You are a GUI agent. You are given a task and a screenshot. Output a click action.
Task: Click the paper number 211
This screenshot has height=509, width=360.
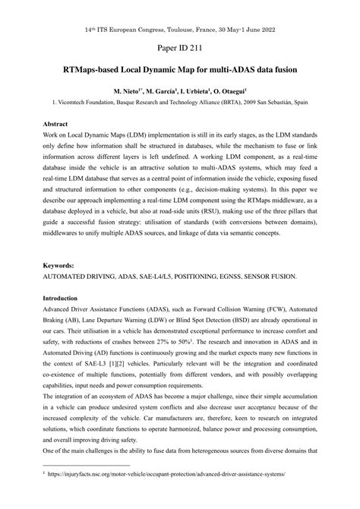(x=194, y=49)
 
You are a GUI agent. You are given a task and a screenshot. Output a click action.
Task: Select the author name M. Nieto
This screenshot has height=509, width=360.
(x=128, y=90)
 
